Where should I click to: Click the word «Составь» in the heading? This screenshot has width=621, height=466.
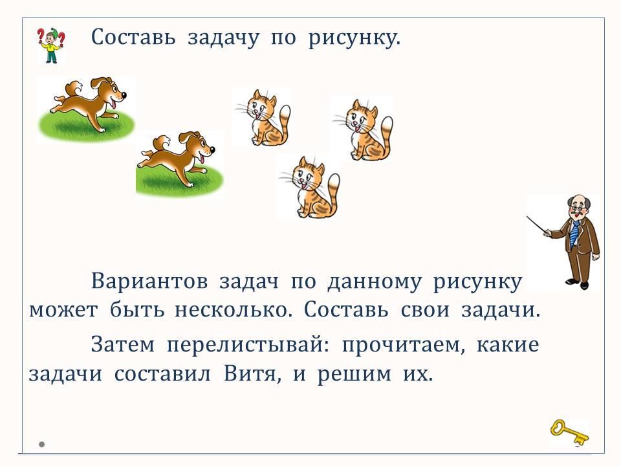coord(133,38)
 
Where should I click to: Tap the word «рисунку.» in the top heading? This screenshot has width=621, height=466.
coord(354,38)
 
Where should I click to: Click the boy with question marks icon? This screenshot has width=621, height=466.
coord(51,45)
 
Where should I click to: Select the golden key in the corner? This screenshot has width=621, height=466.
coord(569,433)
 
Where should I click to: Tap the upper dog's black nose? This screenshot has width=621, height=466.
coord(124,95)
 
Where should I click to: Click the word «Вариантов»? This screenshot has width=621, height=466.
coord(149,282)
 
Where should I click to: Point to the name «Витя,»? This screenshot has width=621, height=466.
coord(253,373)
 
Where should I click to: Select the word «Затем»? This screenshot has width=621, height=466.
coord(123,344)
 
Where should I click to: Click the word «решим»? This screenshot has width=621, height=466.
coord(354,375)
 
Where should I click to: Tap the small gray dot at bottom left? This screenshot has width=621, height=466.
coord(41,444)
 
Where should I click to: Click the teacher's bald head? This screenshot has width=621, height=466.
coord(578,201)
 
